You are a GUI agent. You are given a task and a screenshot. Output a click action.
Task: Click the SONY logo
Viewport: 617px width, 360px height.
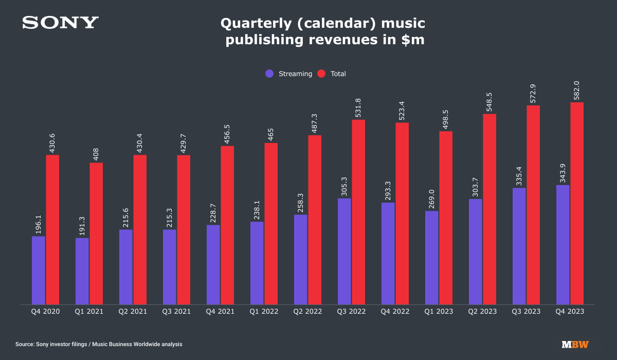coord(60,22)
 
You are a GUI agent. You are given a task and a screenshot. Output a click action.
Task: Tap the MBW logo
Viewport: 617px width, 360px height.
coord(575,344)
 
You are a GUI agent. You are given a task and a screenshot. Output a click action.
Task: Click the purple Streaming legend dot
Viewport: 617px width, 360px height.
coord(269,74)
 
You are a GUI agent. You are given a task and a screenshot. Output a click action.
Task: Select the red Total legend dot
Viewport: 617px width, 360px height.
coord(321,74)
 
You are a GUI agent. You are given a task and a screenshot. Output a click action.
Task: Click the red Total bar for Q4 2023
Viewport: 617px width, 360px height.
coord(577,203)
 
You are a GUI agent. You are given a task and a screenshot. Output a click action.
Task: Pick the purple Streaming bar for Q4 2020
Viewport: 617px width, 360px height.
coord(38,271)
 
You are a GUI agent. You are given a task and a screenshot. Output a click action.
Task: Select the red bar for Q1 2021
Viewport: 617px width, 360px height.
coord(96,233)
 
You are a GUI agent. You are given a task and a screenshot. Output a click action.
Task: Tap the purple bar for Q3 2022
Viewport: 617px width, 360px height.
coord(344,251)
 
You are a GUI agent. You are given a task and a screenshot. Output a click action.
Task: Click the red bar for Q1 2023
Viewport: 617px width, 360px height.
coord(446,218)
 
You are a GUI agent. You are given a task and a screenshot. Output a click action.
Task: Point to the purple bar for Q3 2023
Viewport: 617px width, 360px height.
coord(519,246)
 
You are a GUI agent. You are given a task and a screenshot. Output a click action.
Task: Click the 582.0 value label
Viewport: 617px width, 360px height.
coord(576,91)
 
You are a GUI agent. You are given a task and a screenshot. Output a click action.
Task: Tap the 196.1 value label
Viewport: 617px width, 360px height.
coord(38,224)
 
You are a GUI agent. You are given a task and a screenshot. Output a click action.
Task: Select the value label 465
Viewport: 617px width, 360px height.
coord(271,134)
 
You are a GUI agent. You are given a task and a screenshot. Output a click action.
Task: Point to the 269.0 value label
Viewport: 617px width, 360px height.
coord(431,199)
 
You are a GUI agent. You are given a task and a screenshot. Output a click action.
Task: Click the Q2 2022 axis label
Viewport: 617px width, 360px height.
coord(307,312)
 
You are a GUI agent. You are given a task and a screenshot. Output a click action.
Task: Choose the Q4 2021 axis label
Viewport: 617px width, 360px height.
coord(220,312)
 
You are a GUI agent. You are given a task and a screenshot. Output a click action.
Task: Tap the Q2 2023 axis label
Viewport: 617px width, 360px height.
coord(482,312)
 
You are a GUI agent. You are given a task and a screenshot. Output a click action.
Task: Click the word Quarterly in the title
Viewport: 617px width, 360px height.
coord(256,24)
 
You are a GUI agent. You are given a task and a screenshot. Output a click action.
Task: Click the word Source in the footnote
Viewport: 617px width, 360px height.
coord(25,344)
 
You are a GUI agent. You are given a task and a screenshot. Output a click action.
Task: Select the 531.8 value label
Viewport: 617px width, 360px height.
coord(358,107)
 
